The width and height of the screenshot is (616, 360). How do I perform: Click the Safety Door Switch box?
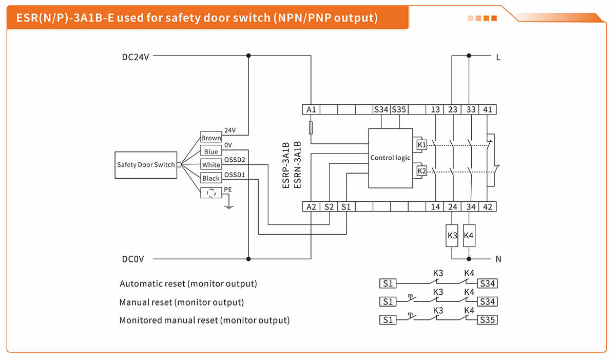pyautogui.click(x=145, y=165)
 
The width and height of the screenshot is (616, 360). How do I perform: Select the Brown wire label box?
pyautogui.click(x=211, y=138)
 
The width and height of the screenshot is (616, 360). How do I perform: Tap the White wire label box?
pyautogui.click(x=211, y=165)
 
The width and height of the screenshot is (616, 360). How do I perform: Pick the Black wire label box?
pyautogui.click(x=211, y=178)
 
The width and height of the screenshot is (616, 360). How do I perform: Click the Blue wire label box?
pyautogui.click(x=211, y=151)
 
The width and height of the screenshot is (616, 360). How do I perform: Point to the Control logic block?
pyautogui.click(x=390, y=158)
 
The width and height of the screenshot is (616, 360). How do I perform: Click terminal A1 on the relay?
pyautogui.click(x=311, y=109)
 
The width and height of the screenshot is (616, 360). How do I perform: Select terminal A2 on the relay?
pyautogui.click(x=311, y=207)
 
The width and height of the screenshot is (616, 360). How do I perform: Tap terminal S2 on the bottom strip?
pyautogui.click(x=329, y=207)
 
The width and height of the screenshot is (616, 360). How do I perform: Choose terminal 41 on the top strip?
pyautogui.click(x=488, y=109)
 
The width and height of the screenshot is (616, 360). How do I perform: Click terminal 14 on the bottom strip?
pyautogui.click(x=435, y=207)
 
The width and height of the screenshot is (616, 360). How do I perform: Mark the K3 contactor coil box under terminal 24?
pyautogui.click(x=452, y=235)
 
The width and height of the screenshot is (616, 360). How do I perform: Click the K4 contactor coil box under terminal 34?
pyautogui.click(x=469, y=235)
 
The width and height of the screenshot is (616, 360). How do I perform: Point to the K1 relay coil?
pyautogui.click(x=421, y=145)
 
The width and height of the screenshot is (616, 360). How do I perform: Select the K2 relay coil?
pyautogui.click(x=421, y=170)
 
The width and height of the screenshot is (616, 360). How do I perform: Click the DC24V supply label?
pyautogui.click(x=136, y=57)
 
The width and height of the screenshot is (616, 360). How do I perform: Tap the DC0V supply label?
pyautogui.click(x=132, y=259)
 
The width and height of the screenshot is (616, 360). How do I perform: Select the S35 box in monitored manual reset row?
pyautogui.click(x=488, y=320)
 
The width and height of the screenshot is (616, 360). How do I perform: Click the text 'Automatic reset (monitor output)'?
pyautogui.click(x=188, y=283)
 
